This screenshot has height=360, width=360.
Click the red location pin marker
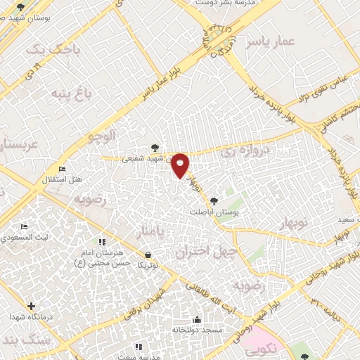click(181, 165)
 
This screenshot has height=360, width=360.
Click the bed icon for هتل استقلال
click(63, 169)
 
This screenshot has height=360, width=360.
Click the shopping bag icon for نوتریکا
click(148, 255)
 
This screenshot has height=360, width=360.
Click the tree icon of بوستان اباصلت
click(224, 200)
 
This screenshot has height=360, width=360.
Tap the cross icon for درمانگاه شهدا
click(30, 306)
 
